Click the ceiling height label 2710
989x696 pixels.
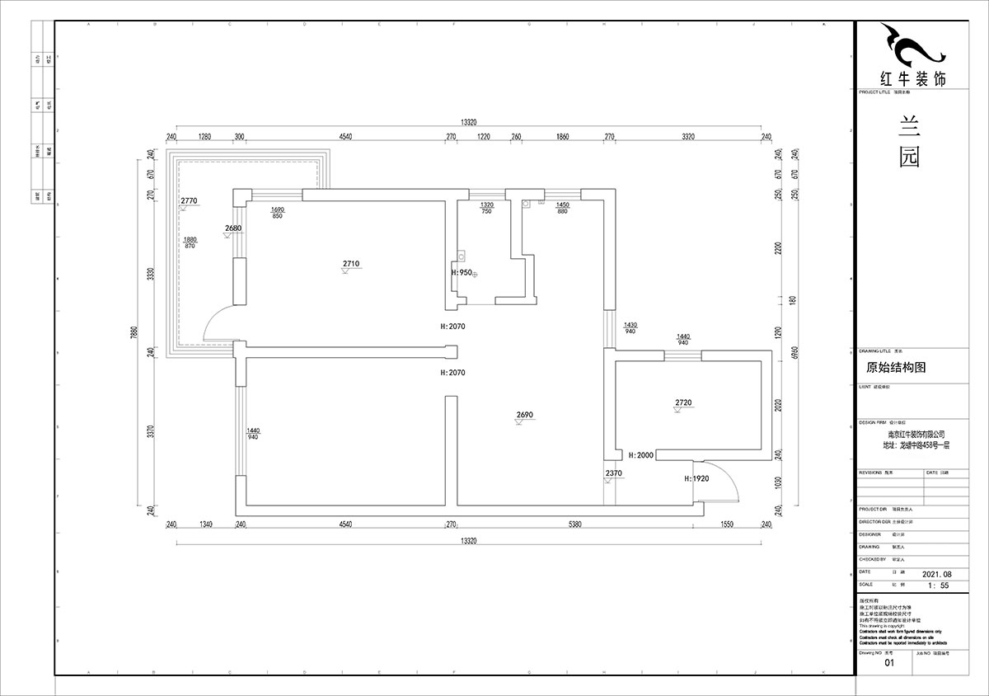(351, 264)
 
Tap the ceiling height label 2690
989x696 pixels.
(526, 415)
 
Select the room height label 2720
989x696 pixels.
(684, 402)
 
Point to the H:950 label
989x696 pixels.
(462, 272)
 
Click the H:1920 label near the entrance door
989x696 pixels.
(697, 478)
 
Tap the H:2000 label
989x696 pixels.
(640, 455)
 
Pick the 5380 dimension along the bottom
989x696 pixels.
(575, 524)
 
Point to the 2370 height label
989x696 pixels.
(612, 473)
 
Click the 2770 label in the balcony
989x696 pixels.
(190, 201)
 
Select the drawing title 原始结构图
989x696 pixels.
(896, 368)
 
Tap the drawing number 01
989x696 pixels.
(888, 662)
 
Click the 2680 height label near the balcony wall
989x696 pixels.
(232, 228)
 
